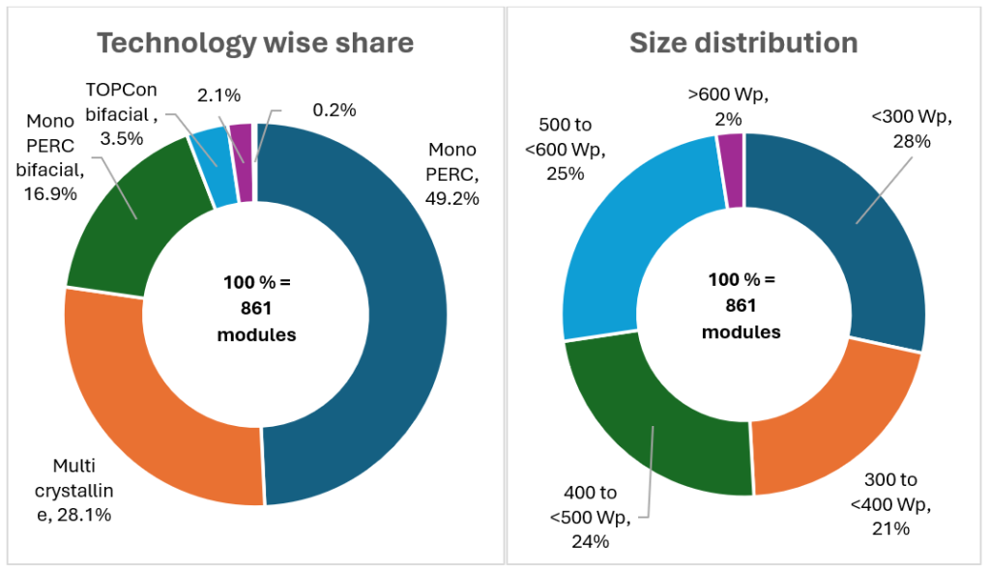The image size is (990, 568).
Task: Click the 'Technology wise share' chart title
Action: pyautogui.click(x=256, y=43)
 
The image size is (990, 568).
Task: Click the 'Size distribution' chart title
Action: pyautogui.click(x=743, y=43)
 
